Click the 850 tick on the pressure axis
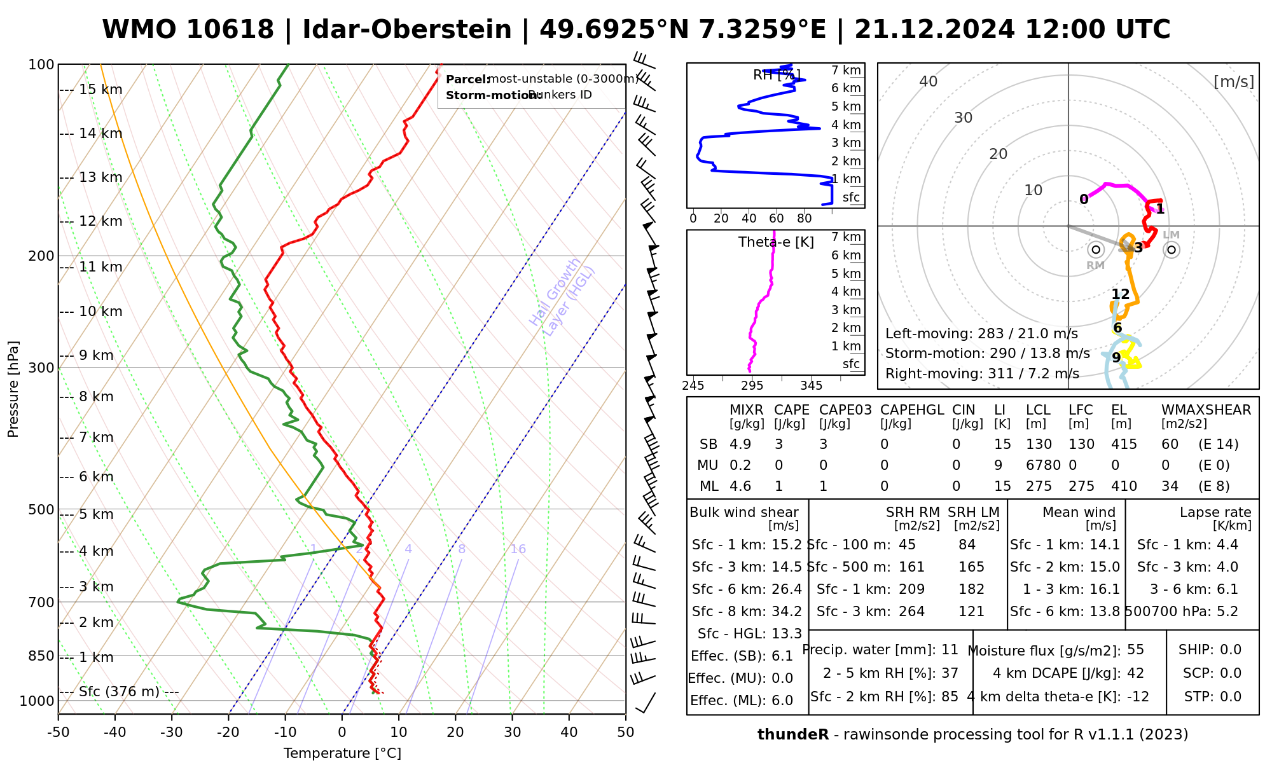(42, 656)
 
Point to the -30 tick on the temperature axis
(172, 732)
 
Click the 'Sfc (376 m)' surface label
(119, 692)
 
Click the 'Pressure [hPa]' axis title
(13, 389)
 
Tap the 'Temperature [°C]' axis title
(342, 753)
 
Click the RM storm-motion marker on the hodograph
(1095, 250)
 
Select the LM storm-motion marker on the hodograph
(1172, 250)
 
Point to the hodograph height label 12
(1121, 294)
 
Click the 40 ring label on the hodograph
(929, 81)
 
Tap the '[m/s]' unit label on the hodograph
(1234, 81)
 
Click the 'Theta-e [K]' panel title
(776, 242)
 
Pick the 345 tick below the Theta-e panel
(811, 386)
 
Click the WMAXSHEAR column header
(1206, 410)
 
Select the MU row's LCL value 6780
(1043, 465)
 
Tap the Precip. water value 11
(950, 650)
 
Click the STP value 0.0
(1231, 697)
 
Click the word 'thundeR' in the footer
(793, 735)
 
